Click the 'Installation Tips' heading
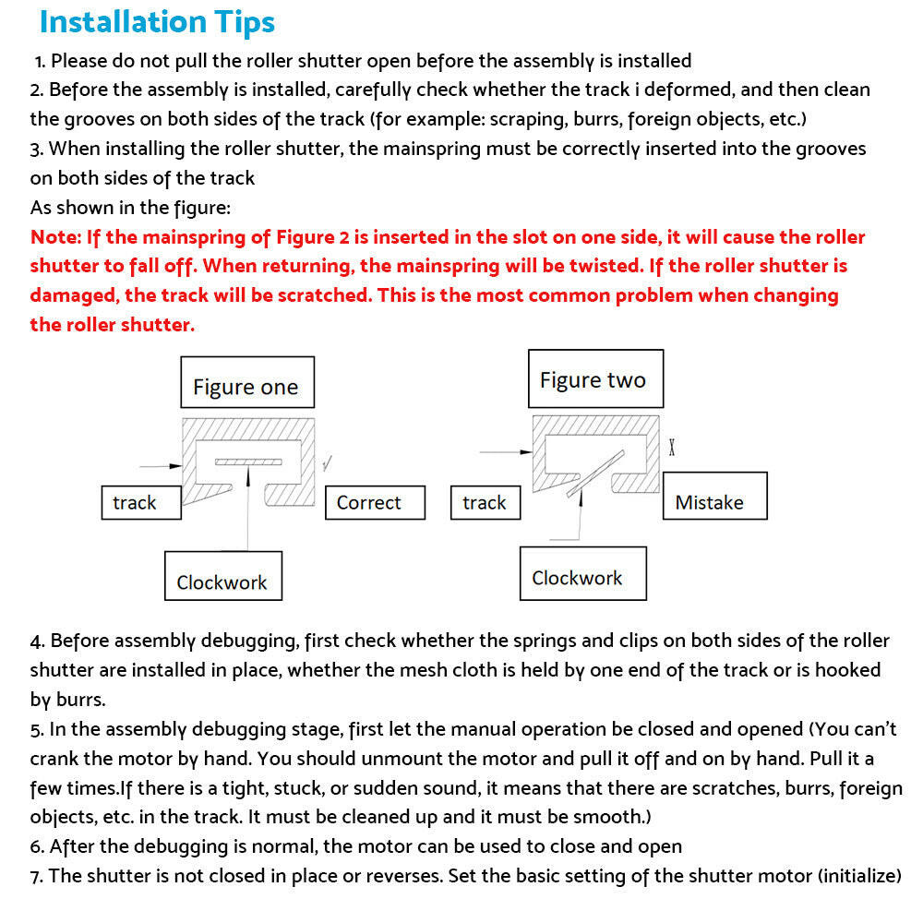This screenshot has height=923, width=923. tap(157, 22)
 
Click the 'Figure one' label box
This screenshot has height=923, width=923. tap(246, 387)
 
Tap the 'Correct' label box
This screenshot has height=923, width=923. tap(375, 503)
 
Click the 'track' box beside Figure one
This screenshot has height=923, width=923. tap(140, 503)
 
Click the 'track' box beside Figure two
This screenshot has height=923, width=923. tap(485, 503)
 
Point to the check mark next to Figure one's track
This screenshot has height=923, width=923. tap(328, 462)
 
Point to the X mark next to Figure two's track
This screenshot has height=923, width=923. tap(672, 448)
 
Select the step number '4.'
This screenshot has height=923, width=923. tap(37, 641)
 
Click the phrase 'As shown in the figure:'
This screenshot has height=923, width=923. tap(130, 208)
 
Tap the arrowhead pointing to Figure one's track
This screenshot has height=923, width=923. tap(176, 464)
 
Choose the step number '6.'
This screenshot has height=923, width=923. tap(37, 846)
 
